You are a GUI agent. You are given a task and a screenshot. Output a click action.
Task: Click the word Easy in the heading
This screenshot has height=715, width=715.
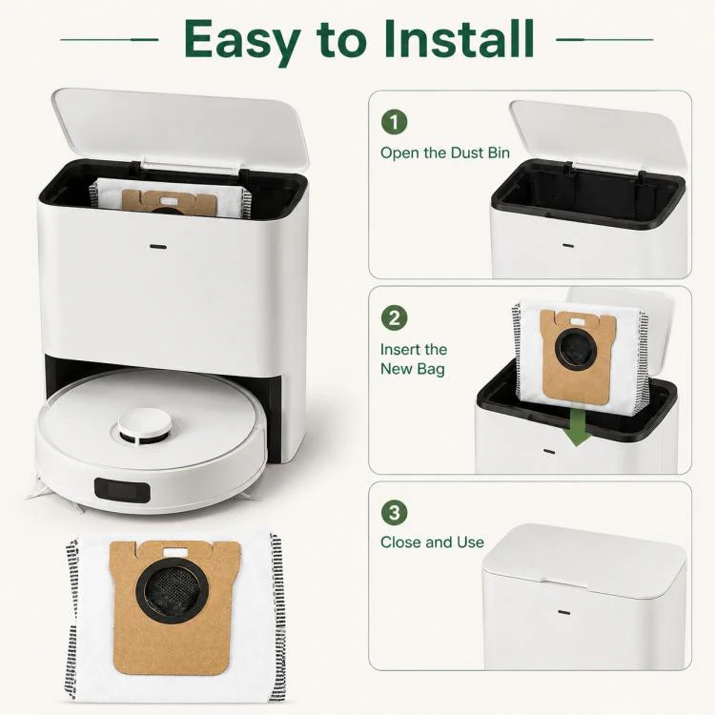242,42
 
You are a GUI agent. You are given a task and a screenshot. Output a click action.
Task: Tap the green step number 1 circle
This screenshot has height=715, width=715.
394,122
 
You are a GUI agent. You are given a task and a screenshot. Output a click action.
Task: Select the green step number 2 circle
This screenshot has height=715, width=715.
394,317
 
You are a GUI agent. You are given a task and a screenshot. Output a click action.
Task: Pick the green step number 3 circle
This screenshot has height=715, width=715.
394,512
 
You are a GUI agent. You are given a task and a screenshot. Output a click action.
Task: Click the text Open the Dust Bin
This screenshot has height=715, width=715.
445,153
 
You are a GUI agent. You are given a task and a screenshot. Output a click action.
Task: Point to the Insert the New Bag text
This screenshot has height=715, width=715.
414,358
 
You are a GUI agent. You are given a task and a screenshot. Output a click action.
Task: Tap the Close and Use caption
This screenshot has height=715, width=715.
432,542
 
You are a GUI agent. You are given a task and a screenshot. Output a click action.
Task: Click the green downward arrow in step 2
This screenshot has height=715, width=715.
576,427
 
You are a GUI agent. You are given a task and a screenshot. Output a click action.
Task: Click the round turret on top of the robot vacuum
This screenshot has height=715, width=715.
145,428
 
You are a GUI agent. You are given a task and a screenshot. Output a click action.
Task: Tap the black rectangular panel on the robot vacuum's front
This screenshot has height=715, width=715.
122,490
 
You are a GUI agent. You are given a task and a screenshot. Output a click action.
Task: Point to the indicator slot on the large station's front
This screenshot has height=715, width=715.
158,247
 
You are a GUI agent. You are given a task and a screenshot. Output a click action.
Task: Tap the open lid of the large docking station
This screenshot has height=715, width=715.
180,126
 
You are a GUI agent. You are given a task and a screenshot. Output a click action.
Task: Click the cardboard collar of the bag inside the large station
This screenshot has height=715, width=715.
170,201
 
